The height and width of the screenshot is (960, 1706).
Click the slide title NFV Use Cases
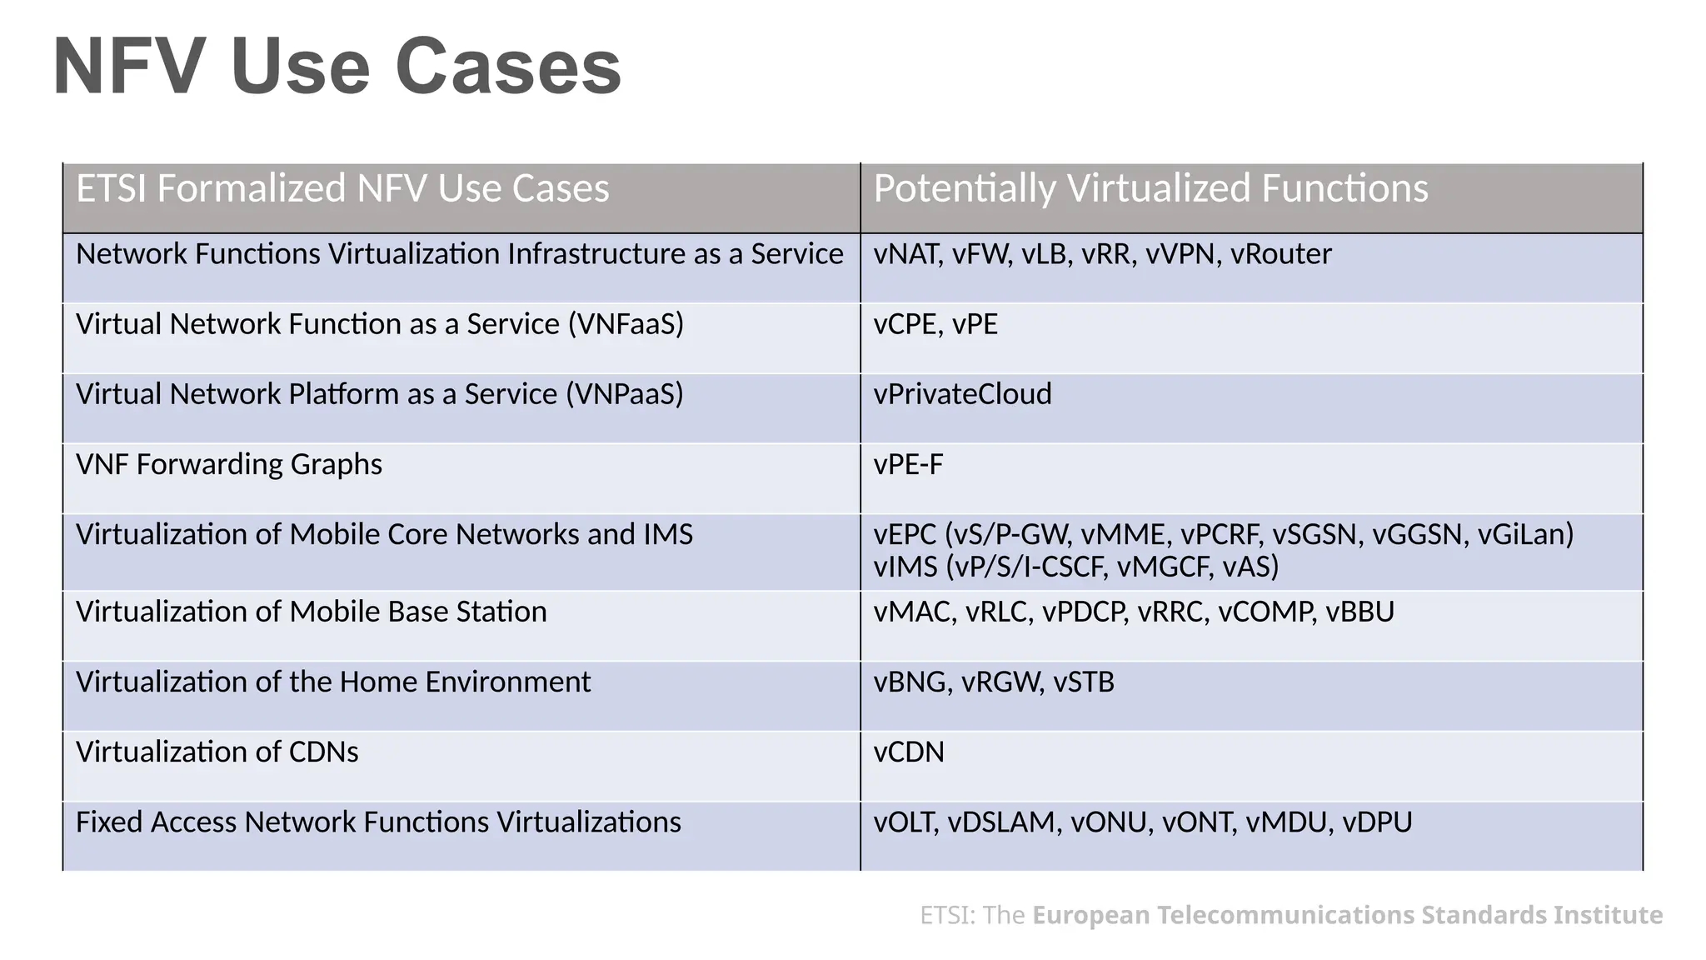coord(337,67)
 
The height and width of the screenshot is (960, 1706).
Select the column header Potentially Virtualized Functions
coord(1150,188)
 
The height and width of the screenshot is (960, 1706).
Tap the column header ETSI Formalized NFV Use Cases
coord(342,188)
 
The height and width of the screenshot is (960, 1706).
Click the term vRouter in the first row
coord(1280,254)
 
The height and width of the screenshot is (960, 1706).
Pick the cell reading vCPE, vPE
coord(935,324)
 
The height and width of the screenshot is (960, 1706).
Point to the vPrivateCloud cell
coord(962,394)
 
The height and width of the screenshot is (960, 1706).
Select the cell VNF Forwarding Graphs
coord(229,464)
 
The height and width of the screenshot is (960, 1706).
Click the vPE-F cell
coord(908,464)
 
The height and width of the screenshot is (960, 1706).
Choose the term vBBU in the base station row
coord(1359,612)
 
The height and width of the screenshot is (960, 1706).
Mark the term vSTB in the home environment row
coord(1083,682)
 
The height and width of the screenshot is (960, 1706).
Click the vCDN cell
coord(909,752)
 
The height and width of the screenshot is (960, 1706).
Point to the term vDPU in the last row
coord(1377,822)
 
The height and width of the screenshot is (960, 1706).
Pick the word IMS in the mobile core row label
coord(668,534)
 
